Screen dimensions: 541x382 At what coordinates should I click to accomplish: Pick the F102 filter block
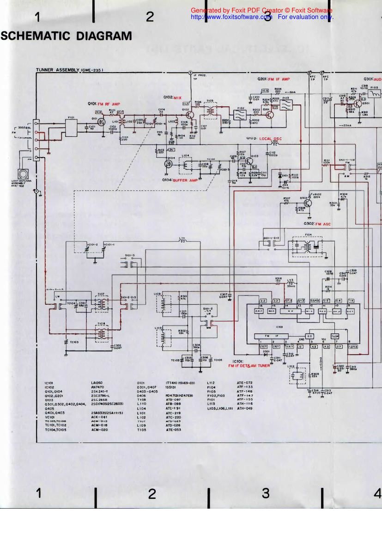point(239,116)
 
